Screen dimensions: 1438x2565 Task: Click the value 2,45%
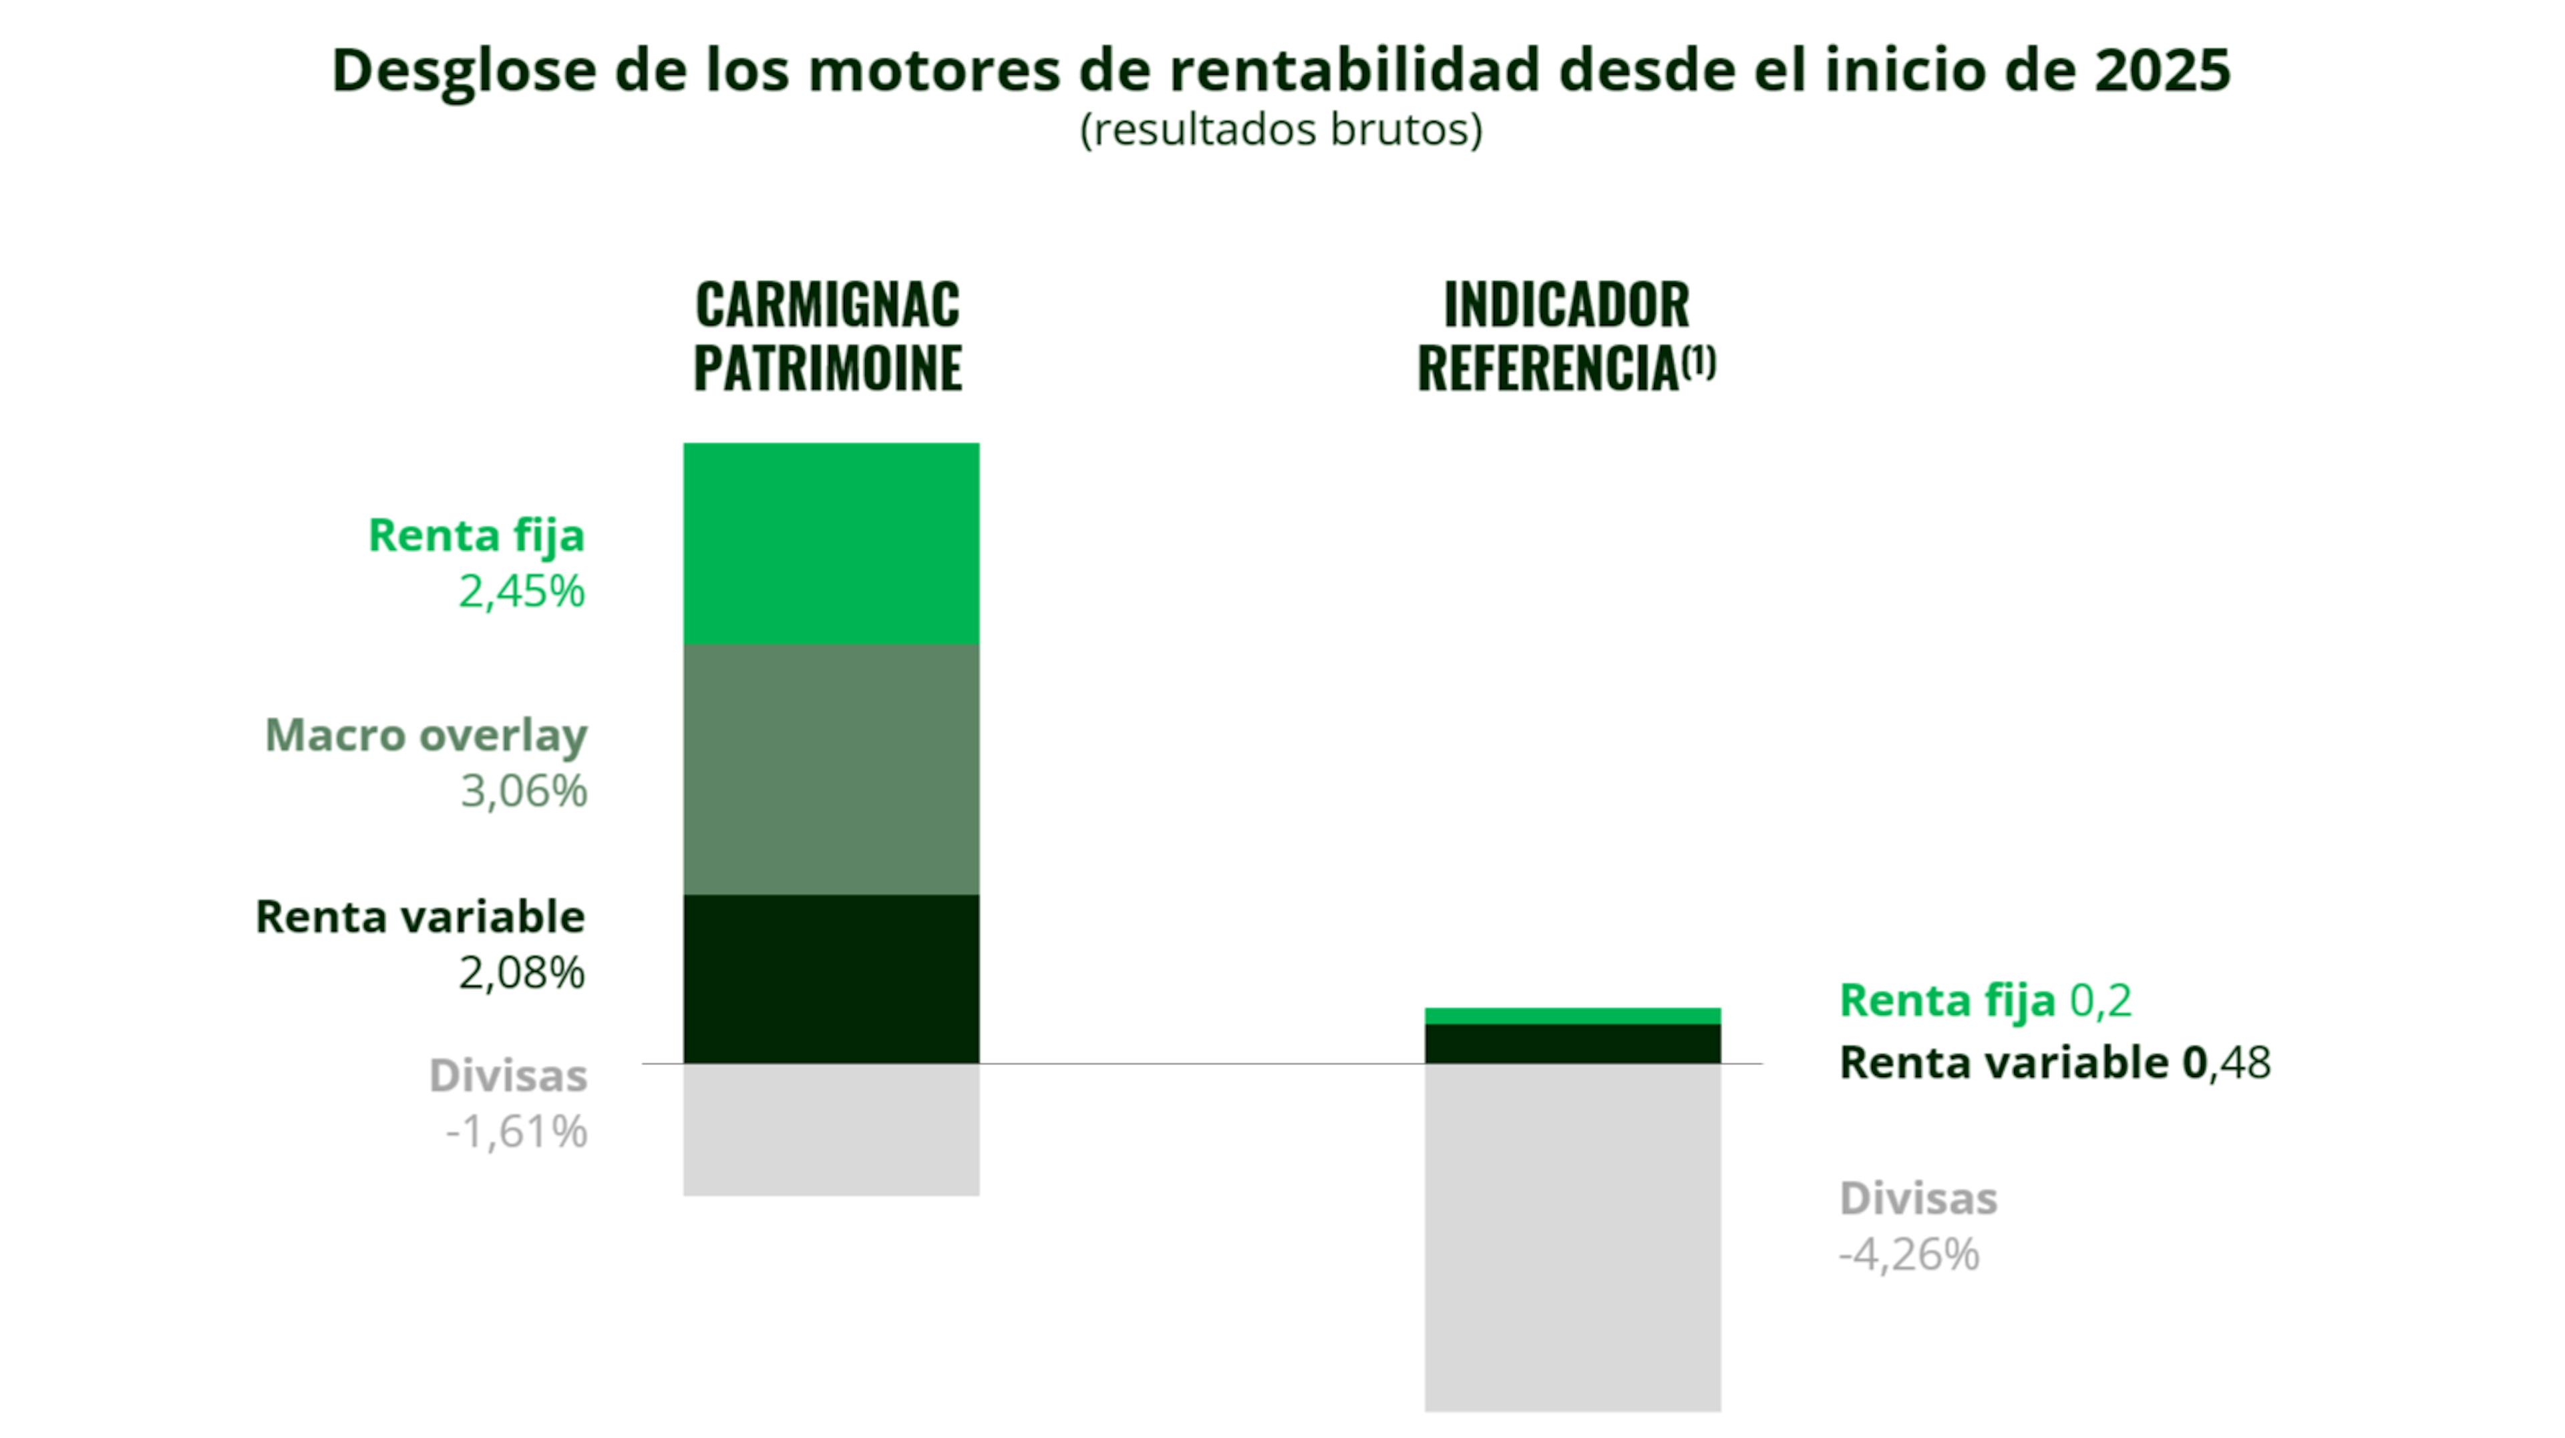(x=521, y=591)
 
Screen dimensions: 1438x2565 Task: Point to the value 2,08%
(x=521, y=973)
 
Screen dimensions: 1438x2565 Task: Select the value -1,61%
(x=516, y=1132)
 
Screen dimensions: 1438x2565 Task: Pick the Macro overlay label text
(x=425, y=735)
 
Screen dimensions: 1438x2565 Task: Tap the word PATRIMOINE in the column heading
(x=828, y=368)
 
